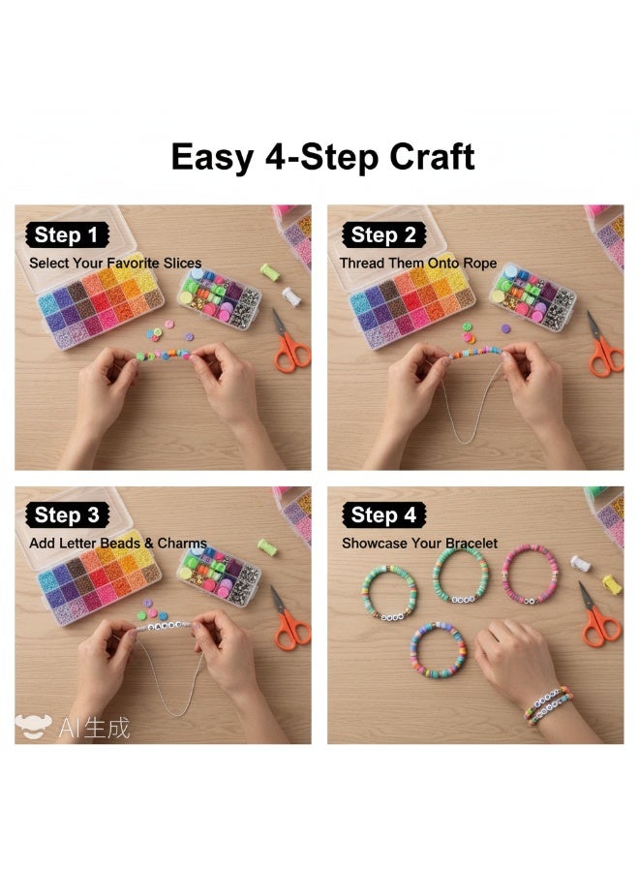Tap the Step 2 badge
click(x=383, y=234)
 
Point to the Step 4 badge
click(x=383, y=514)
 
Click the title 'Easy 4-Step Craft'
click(x=322, y=156)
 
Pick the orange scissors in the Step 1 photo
click(x=289, y=345)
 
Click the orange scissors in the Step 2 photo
click(x=604, y=347)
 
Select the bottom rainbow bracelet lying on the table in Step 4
click(x=439, y=648)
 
